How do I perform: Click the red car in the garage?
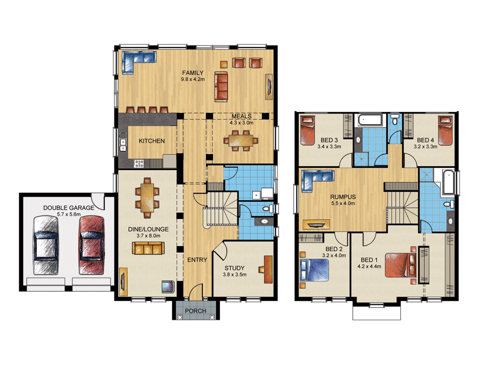[92, 245]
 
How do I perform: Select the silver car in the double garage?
[46, 245]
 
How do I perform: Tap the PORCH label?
[195, 311]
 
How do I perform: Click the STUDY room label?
[234, 268]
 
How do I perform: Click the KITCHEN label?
[152, 141]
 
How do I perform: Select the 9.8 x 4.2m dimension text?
[193, 79]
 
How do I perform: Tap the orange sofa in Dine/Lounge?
[148, 248]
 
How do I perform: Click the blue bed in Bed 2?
[315, 270]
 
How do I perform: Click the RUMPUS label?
[343, 197]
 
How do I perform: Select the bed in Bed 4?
[445, 130]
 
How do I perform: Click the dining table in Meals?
[241, 141]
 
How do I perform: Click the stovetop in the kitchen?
[139, 164]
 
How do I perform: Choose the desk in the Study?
[268, 270]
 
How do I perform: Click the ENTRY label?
[197, 260]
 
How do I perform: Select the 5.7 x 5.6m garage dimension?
[69, 214]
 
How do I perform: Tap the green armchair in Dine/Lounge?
[168, 287]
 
